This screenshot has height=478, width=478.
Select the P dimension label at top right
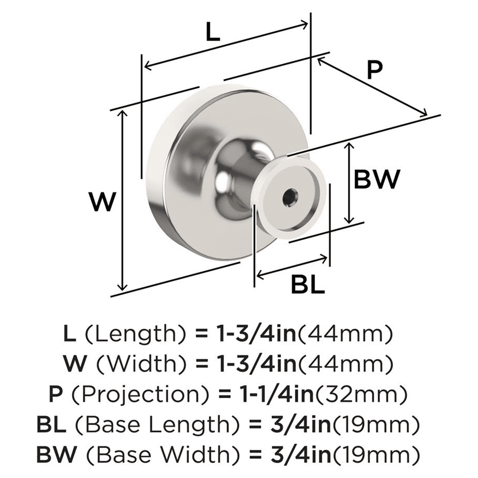click(375, 70)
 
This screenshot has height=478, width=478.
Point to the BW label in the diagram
click(376, 180)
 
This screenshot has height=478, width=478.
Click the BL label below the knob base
click(307, 285)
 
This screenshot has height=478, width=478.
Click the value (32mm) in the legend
click(367, 395)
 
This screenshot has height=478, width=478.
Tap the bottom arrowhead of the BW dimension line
click(350, 220)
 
